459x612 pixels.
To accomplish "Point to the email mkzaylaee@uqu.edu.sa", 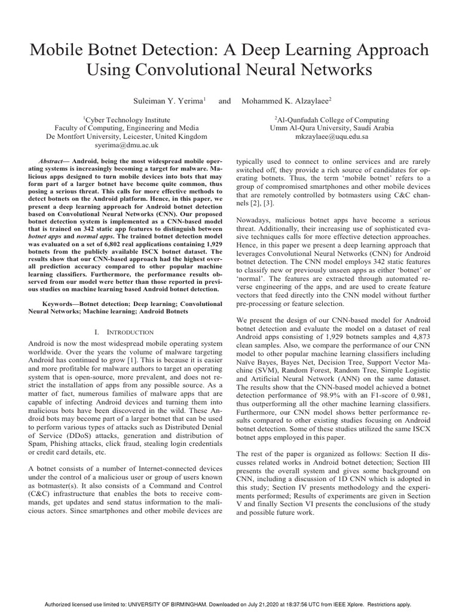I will [x=332, y=136].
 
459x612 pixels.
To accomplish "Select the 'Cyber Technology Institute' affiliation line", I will [x=131, y=120].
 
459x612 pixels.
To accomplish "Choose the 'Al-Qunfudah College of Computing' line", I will [x=332, y=120].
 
